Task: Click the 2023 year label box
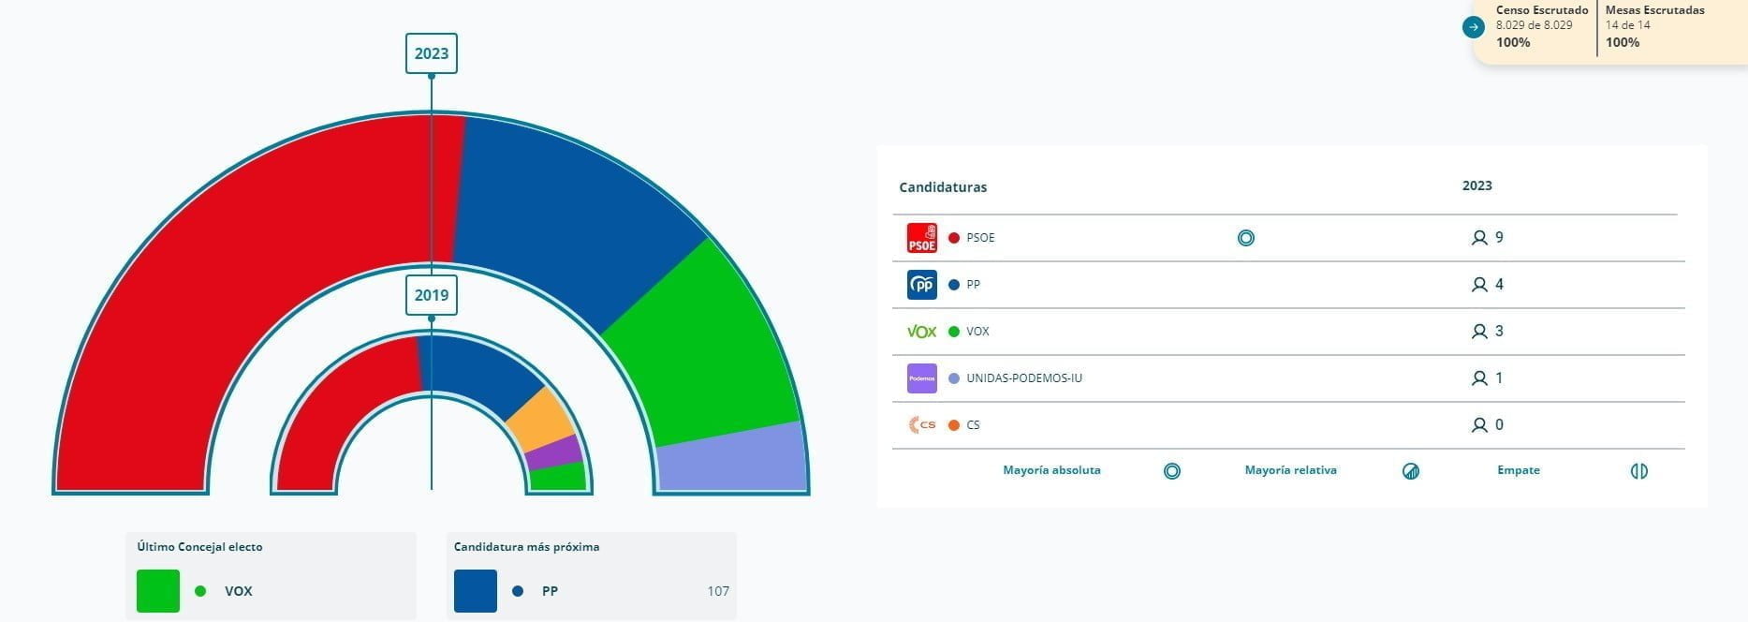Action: tap(431, 53)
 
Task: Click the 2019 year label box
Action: tap(431, 295)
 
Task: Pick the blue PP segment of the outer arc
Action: tap(562, 215)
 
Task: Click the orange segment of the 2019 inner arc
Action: tap(540, 417)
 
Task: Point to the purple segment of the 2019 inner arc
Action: tap(554, 452)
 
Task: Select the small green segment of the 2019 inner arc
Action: tap(558, 477)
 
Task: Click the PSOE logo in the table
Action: tap(922, 238)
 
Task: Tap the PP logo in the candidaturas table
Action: tap(922, 285)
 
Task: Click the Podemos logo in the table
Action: tap(922, 378)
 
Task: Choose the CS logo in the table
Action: tap(922, 425)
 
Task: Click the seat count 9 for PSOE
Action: tap(1499, 238)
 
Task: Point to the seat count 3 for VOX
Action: tap(1499, 332)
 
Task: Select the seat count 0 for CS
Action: tap(1499, 425)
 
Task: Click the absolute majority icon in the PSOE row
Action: tap(1246, 238)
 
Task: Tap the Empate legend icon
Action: tap(1638, 471)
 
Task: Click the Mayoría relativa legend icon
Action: tap(1411, 471)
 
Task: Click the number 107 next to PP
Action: tap(718, 591)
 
